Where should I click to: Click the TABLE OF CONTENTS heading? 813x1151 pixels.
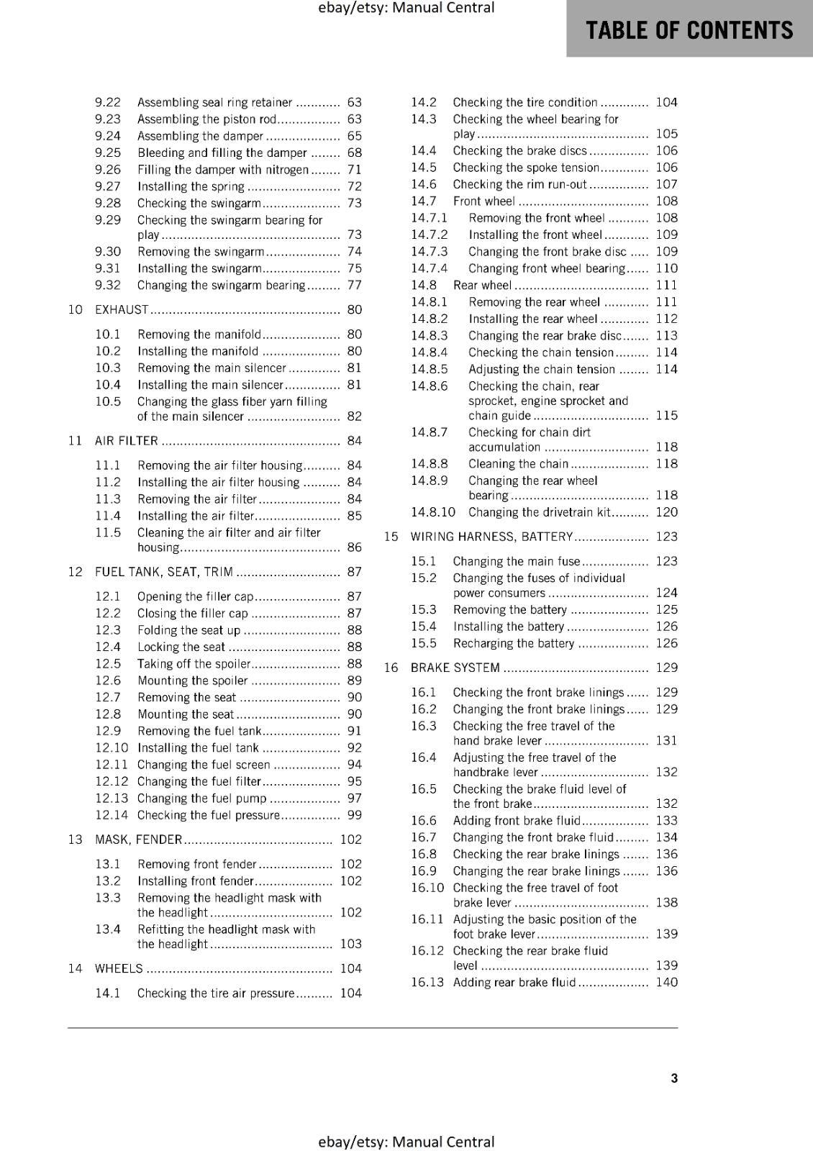pyautogui.click(x=689, y=30)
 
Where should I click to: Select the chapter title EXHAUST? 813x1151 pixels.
pyautogui.click(x=122, y=310)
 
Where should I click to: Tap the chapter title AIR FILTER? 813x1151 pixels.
pyautogui.click(x=127, y=441)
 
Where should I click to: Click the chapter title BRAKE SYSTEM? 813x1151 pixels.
pyautogui.click(x=455, y=668)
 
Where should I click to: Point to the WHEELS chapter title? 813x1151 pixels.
pyautogui.click(x=119, y=968)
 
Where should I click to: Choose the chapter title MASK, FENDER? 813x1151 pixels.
pyautogui.click(x=138, y=840)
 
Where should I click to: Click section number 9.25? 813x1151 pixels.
pyautogui.click(x=108, y=153)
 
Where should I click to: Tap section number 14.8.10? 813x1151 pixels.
pyautogui.click(x=433, y=512)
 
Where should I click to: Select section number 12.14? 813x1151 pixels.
pyautogui.click(x=112, y=815)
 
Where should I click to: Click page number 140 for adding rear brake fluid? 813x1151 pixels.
pyautogui.click(x=666, y=982)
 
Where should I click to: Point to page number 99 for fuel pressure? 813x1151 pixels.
pyautogui.click(x=354, y=815)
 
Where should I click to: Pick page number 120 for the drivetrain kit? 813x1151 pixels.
pyautogui.click(x=666, y=512)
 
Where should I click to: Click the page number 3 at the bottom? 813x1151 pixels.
pyautogui.click(x=674, y=1078)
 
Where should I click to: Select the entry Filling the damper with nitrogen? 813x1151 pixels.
pyautogui.click(x=223, y=170)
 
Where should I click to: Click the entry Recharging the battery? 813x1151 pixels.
pyautogui.click(x=514, y=643)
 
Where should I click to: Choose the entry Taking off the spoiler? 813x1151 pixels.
pyautogui.click(x=194, y=664)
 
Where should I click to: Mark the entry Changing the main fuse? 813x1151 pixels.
pyautogui.click(x=516, y=561)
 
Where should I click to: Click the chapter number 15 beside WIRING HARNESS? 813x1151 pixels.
pyautogui.click(x=391, y=537)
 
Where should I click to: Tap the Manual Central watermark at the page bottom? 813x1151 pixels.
pyautogui.click(x=406, y=1142)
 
